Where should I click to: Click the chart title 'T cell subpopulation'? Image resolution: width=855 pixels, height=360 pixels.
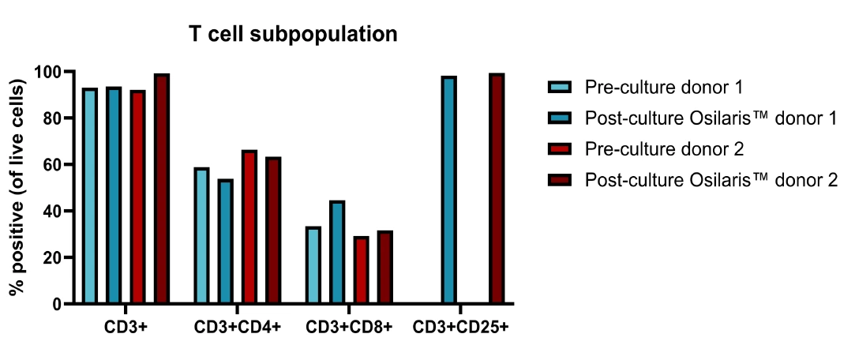(292, 35)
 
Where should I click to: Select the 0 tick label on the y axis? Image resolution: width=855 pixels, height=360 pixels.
(56, 304)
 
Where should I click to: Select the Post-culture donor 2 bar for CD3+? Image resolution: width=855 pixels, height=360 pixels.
(162, 189)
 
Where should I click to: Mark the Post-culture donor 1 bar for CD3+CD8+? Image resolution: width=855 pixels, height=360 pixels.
(337, 253)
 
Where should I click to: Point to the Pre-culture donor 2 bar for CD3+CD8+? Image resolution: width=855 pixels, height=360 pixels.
(361, 270)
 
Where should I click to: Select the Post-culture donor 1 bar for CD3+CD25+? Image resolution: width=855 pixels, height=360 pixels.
(449, 190)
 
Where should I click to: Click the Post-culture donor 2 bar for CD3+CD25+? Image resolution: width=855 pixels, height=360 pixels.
(497, 189)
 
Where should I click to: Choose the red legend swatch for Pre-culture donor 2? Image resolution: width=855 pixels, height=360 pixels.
(559, 149)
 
